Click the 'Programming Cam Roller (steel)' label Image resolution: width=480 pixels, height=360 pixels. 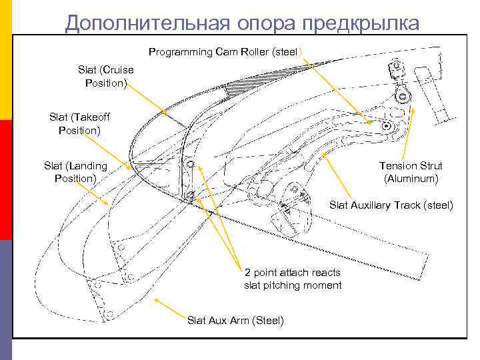(225, 51)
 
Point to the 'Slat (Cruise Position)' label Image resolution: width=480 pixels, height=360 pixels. (105, 76)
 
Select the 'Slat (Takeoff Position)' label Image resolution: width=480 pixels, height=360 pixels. (79, 124)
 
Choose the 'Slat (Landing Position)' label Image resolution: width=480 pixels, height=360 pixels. (75, 172)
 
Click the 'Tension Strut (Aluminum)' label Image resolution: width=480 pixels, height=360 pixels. (411, 172)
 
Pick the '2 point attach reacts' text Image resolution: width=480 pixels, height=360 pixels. (293, 273)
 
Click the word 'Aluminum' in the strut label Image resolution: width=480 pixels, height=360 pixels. (411, 179)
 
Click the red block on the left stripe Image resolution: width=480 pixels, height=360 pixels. (6, 180)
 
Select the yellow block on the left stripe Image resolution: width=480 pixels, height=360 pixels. (6, 60)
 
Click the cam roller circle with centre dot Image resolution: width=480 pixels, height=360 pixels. (386, 125)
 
